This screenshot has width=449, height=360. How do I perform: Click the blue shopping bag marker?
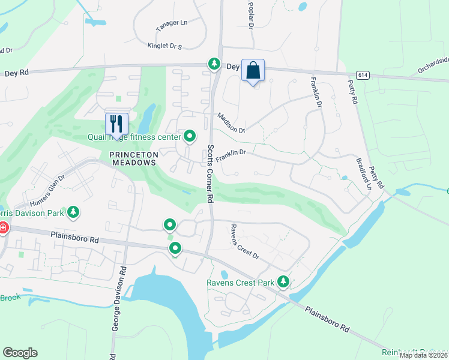253,70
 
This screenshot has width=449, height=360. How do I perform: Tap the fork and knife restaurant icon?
116,124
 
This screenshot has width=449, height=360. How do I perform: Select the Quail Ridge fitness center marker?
190,137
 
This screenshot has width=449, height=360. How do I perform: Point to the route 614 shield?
362,75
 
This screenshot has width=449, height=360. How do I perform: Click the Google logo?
20,352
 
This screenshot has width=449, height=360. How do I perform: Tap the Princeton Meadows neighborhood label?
133,158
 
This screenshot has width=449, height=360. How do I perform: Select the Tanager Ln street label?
172,23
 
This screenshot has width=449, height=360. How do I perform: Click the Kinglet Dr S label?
164,46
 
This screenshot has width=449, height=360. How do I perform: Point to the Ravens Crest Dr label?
244,242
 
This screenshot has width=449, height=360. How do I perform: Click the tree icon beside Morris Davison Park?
73,212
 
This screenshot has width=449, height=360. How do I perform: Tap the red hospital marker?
2,228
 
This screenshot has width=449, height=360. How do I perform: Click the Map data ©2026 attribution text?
423,355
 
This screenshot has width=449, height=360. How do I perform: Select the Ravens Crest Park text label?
240,283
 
